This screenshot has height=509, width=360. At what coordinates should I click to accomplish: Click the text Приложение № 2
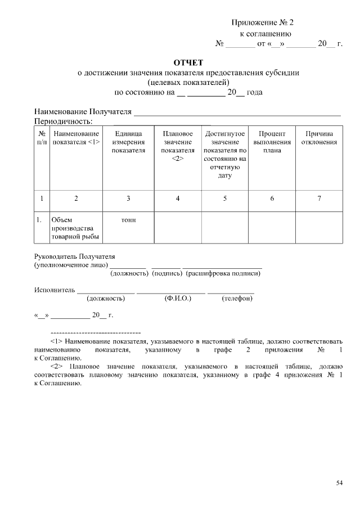[x=262, y=23]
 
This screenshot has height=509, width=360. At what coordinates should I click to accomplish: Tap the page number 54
[x=339, y=483]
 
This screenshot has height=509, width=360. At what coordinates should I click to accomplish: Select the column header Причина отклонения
[x=319, y=138]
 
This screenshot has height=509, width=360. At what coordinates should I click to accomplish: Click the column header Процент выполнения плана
[x=272, y=142]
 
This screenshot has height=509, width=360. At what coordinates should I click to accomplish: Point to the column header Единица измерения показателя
[x=128, y=142]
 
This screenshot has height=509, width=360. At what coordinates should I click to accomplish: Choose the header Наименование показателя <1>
[x=76, y=138]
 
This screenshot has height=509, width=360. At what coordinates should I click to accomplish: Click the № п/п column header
[x=42, y=138]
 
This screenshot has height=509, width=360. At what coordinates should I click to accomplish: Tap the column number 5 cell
[x=225, y=198]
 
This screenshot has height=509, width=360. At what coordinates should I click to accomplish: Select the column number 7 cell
[x=319, y=198]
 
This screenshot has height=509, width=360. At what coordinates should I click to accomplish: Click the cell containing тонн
[x=128, y=220]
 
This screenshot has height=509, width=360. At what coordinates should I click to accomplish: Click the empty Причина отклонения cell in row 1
[x=319, y=228]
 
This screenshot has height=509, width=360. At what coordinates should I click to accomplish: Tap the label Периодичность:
[x=63, y=121]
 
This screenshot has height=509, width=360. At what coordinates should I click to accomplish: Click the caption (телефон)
[x=237, y=299]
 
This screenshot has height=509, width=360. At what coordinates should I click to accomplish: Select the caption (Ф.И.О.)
[x=178, y=299]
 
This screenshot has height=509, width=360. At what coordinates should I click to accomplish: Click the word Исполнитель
[x=54, y=290]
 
